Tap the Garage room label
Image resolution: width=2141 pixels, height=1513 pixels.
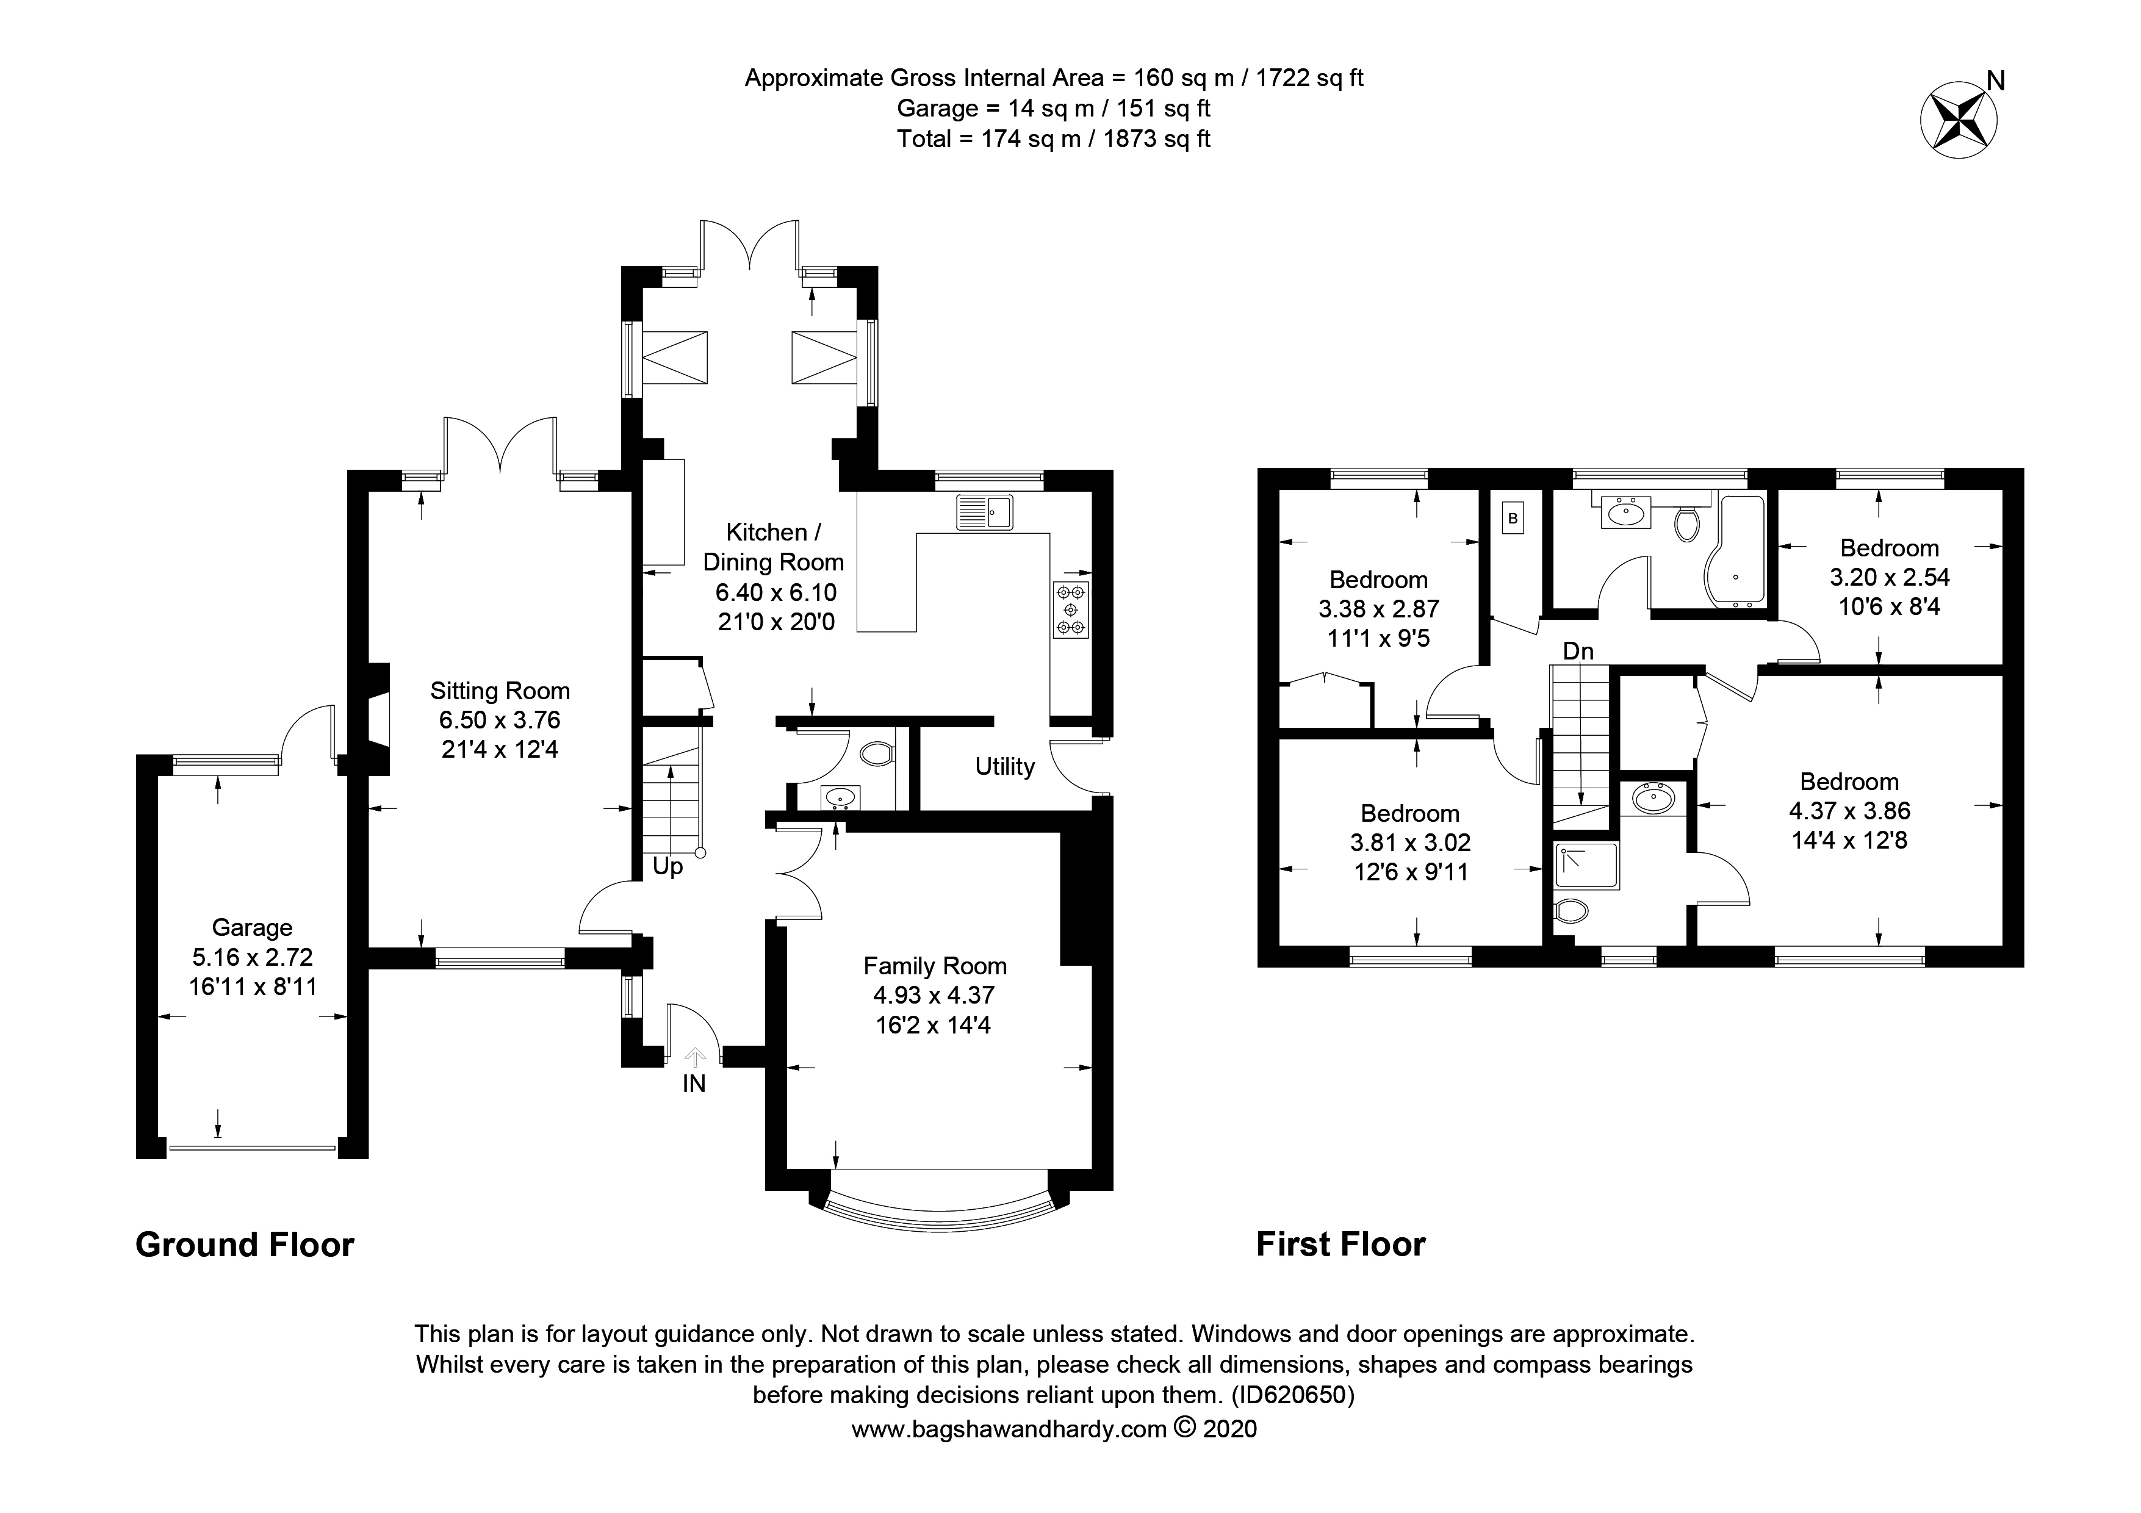tap(252, 927)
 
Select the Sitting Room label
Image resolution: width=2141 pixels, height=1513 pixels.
tap(500, 691)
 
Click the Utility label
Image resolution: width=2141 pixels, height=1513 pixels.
tap(1004, 766)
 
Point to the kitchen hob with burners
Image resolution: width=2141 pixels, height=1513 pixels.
tap(1070, 609)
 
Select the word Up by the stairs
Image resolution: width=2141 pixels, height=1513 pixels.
tap(667, 867)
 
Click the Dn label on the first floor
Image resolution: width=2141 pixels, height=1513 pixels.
tap(1578, 652)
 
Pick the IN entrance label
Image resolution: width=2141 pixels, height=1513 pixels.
tap(694, 1084)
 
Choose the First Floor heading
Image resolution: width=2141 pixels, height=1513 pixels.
tap(1340, 1245)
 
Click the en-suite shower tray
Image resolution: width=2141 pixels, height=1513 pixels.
tap(1586, 866)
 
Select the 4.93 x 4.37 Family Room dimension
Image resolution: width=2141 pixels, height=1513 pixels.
tap(934, 996)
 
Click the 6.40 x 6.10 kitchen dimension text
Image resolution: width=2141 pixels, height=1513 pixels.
tap(776, 592)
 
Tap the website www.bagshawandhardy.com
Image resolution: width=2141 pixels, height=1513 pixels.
tap(1009, 1455)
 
